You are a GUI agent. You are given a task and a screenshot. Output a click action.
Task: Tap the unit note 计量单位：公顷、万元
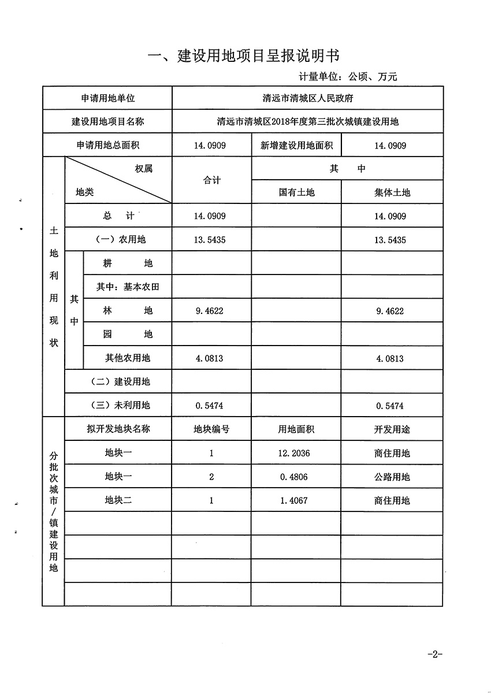coord(348,76)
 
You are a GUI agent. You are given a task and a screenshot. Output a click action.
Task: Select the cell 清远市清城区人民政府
coord(307,98)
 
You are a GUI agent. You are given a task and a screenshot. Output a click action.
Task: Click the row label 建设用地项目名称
coord(107,122)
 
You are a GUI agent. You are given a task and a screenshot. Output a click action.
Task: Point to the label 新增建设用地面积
coord(296,146)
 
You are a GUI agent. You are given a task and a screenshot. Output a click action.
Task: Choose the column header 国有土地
coord(296,192)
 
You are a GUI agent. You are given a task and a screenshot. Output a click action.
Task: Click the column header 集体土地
coord(392,192)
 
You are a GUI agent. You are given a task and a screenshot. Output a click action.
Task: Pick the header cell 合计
coord(211,180)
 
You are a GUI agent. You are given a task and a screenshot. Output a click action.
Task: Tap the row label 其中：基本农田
coord(127,287)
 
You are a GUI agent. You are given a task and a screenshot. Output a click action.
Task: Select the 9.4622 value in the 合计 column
coord(210,311)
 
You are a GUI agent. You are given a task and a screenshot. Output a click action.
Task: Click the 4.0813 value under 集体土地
coord(390,358)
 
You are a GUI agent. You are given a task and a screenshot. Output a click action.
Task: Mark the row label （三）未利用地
coord(120,406)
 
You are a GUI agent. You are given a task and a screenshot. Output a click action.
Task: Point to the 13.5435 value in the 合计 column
coord(210,240)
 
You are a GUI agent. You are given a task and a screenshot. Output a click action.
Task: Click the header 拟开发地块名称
coord(118,429)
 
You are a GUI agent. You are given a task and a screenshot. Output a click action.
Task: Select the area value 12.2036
coord(295,454)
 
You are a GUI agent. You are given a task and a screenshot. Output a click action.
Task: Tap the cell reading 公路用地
coord(392,477)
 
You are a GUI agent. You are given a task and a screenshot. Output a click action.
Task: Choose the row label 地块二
coord(118,500)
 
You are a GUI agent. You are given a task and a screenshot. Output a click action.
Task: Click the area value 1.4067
coord(293,500)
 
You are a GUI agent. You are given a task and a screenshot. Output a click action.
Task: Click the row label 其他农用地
coord(128,358)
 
